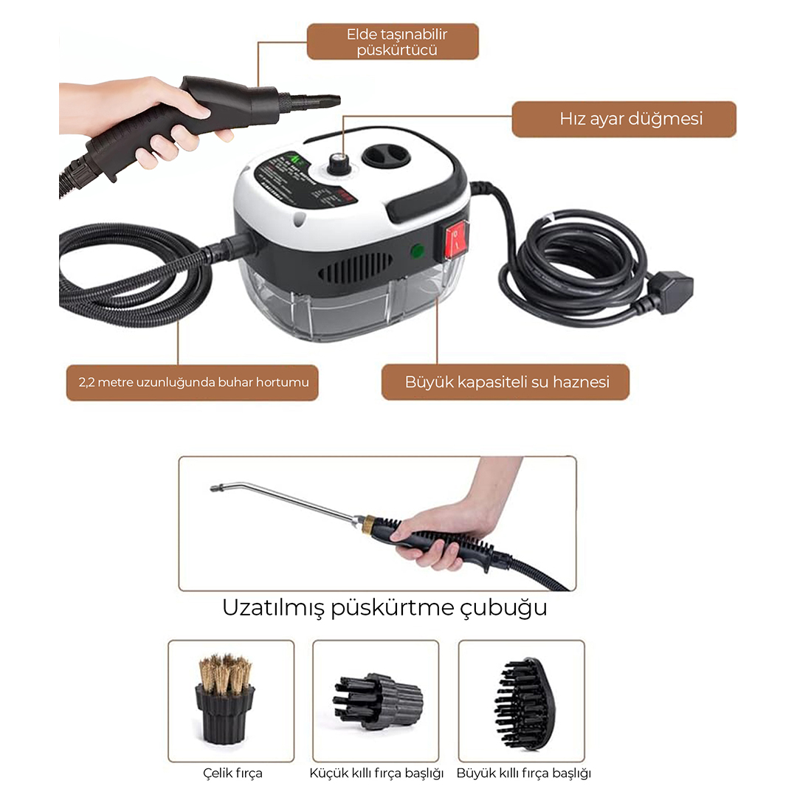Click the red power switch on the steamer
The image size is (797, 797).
click(457, 239)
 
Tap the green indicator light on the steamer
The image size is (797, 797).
click(417, 251)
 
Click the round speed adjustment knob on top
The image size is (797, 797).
click(337, 163)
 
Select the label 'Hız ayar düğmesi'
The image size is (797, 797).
click(631, 119)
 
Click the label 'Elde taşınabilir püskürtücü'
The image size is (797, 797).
click(396, 42)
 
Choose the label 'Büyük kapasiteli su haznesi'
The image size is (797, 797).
click(507, 382)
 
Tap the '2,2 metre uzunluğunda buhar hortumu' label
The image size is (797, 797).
click(193, 382)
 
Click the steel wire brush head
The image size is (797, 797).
click(225, 699)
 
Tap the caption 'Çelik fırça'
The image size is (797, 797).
click(232, 773)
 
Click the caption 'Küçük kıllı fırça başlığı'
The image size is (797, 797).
click(376, 773)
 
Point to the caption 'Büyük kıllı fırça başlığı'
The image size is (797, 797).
click(523, 773)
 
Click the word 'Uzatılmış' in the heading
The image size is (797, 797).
click(273, 608)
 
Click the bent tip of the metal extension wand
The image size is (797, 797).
click(216, 489)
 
